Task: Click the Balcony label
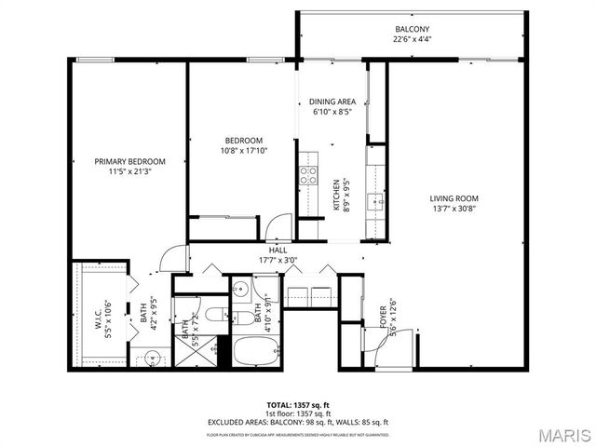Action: [409, 29]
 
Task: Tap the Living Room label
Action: [454, 197]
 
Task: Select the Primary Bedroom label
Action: [129, 161]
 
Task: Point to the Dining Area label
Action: [332, 102]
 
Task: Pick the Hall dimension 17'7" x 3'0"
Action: [278, 261]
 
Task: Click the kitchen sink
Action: [376, 199]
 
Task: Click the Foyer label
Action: [382, 318]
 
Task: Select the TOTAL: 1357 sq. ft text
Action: [298, 405]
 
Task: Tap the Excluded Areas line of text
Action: [298, 421]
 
